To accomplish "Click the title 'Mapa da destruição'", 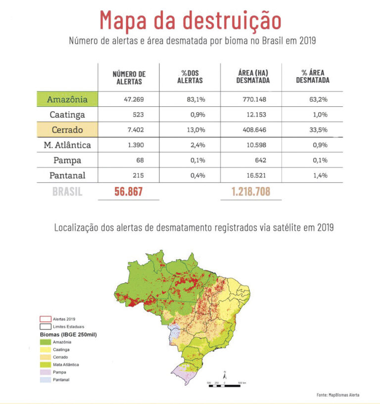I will click(190, 20).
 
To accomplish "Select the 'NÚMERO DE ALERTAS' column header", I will click(129, 78).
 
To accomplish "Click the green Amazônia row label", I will click(67, 99).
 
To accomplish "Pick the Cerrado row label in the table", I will click(67, 130).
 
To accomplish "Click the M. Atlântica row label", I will click(67, 145).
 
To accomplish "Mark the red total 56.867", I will click(129, 192).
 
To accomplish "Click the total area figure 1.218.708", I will click(251, 192).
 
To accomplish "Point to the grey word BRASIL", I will click(67, 192).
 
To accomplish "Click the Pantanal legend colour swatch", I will click(45, 379).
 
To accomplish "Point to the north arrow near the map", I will click(225, 375).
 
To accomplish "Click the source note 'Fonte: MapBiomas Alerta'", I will click(338, 395).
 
